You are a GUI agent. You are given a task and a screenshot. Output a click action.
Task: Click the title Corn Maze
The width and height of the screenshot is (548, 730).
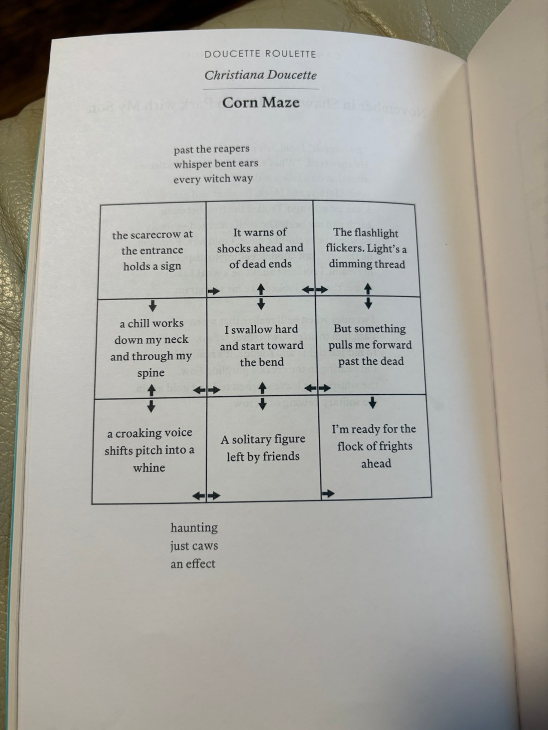(x=261, y=103)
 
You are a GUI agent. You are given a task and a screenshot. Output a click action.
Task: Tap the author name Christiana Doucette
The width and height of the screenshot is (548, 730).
(x=261, y=75)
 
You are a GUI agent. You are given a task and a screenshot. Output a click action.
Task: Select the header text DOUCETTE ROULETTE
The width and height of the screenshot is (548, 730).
(x=260, y=54)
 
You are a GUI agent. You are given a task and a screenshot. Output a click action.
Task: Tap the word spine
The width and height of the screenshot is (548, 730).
(x=151, y=373)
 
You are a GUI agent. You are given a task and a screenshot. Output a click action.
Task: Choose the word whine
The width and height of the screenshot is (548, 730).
(x=149, y=467)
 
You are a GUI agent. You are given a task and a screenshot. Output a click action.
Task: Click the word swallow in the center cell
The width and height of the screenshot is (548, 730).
(x=252, y=330)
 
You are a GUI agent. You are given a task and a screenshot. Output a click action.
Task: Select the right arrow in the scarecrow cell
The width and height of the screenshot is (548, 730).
(x=214, y=291)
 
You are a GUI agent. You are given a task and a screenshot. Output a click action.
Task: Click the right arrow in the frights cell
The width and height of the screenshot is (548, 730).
(x=329, y=494)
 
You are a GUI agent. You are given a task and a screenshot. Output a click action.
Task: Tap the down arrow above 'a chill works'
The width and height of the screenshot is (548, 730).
(x=153, y=305)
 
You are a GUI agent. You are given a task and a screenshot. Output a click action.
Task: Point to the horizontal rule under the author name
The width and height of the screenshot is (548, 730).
(x=261, y=89)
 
